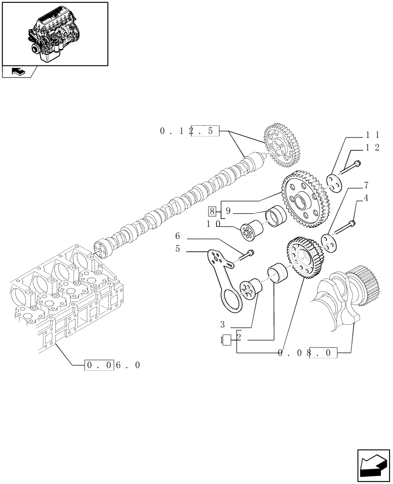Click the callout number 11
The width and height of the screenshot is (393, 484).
373,135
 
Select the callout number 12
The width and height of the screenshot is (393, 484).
373,148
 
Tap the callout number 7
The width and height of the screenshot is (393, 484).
366,185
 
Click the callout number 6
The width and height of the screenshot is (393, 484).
178,236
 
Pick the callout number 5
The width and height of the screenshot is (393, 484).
178,249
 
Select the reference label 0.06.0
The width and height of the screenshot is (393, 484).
112,365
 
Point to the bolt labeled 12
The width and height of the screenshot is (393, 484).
351,167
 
